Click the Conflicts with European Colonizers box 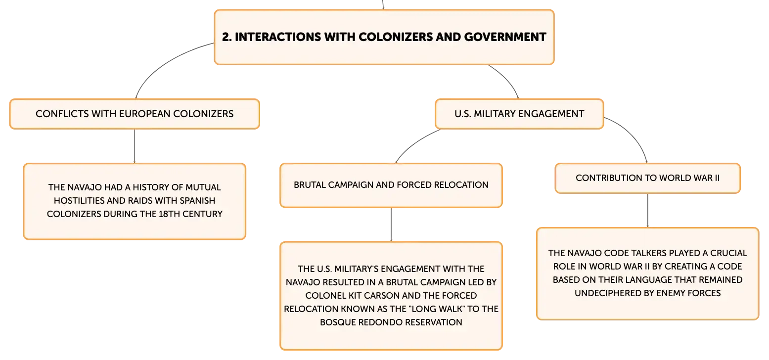135,114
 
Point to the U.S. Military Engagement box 519,114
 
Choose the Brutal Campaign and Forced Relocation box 391,185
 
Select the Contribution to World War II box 647,178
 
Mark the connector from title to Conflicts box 165,63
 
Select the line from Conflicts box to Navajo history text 135,146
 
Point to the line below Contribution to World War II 648,210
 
